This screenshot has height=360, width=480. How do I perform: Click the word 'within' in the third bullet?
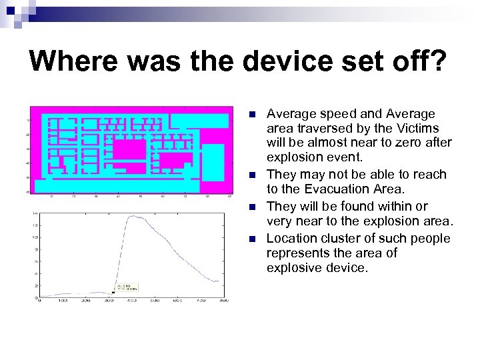tap(405, 206)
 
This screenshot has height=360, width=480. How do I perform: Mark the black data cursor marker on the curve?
tap(113, 292)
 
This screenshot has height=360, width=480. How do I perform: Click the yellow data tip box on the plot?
tap(126, 287)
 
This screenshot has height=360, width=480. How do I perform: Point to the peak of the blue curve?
tap(133, 215)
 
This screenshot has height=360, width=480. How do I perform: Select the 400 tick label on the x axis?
tap(131, 301)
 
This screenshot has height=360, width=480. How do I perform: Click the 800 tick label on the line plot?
tap(223, 301)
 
